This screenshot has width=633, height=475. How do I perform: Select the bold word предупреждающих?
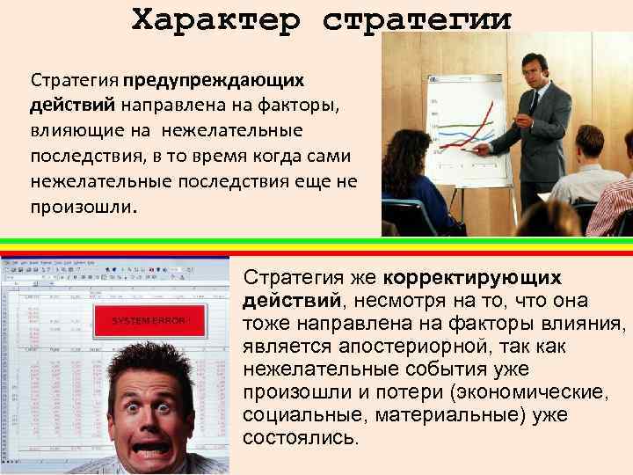pos(214,80)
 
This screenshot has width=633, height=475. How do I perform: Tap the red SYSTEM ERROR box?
pos(149,321)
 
